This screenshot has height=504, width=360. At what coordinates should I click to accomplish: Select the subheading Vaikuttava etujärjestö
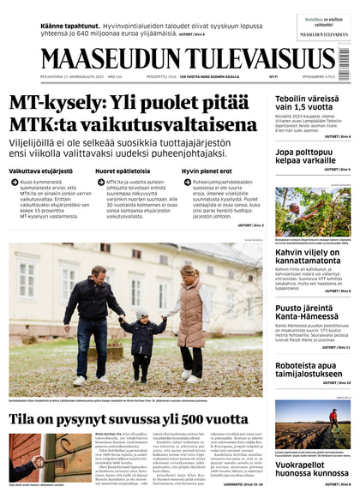[41, 171]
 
